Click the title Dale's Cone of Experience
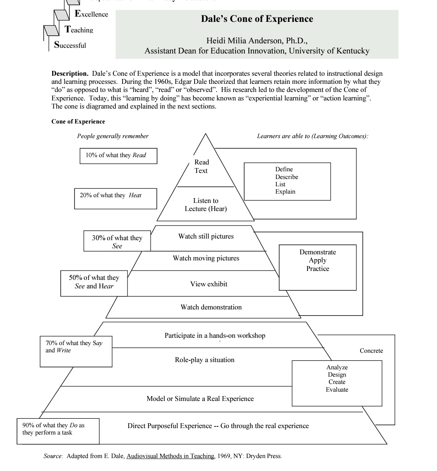[x=257, y=19]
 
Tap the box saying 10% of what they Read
[x=118, y=156]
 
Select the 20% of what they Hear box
[x=116, y=198]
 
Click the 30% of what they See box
[x=117, y=241]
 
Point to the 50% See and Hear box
[x=94, y=283]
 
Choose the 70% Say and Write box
[x=76, y=352]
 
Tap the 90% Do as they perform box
[x=58, y=431]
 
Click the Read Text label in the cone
[x=202, y=166]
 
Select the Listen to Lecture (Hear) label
[x=206, y=205]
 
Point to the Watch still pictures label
[x=206, y=237]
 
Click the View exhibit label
[x=209, y=284]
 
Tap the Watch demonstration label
[x=211, y=307]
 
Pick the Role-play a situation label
[x=205, y=360]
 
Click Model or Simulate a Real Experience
[x=200, y=399]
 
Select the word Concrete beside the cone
[x=371, y=351]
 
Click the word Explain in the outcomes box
[x=285, y=192]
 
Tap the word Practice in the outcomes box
[x=318, y=269]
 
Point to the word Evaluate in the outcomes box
[x=337, y=390]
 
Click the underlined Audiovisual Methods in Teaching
[x=170, y=456]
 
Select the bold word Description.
[x=70, y=74]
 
